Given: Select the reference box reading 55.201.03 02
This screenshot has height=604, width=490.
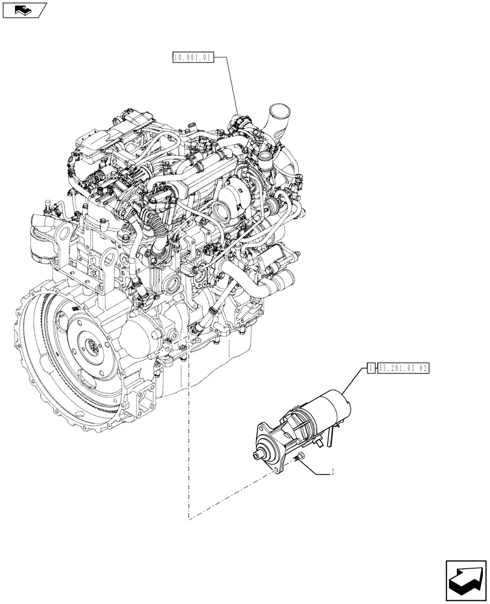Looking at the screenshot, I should (x=403, y=367).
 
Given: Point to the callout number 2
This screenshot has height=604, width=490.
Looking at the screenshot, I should (x=333, y=472).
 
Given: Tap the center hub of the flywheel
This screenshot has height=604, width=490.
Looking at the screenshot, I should (x=94, y=347).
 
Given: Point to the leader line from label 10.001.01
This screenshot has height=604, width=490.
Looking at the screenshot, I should (x=232, y=85).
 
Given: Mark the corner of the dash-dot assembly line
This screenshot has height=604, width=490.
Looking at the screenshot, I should (x=189, y=519).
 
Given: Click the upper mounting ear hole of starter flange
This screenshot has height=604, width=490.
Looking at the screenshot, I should (x=262, y=426).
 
